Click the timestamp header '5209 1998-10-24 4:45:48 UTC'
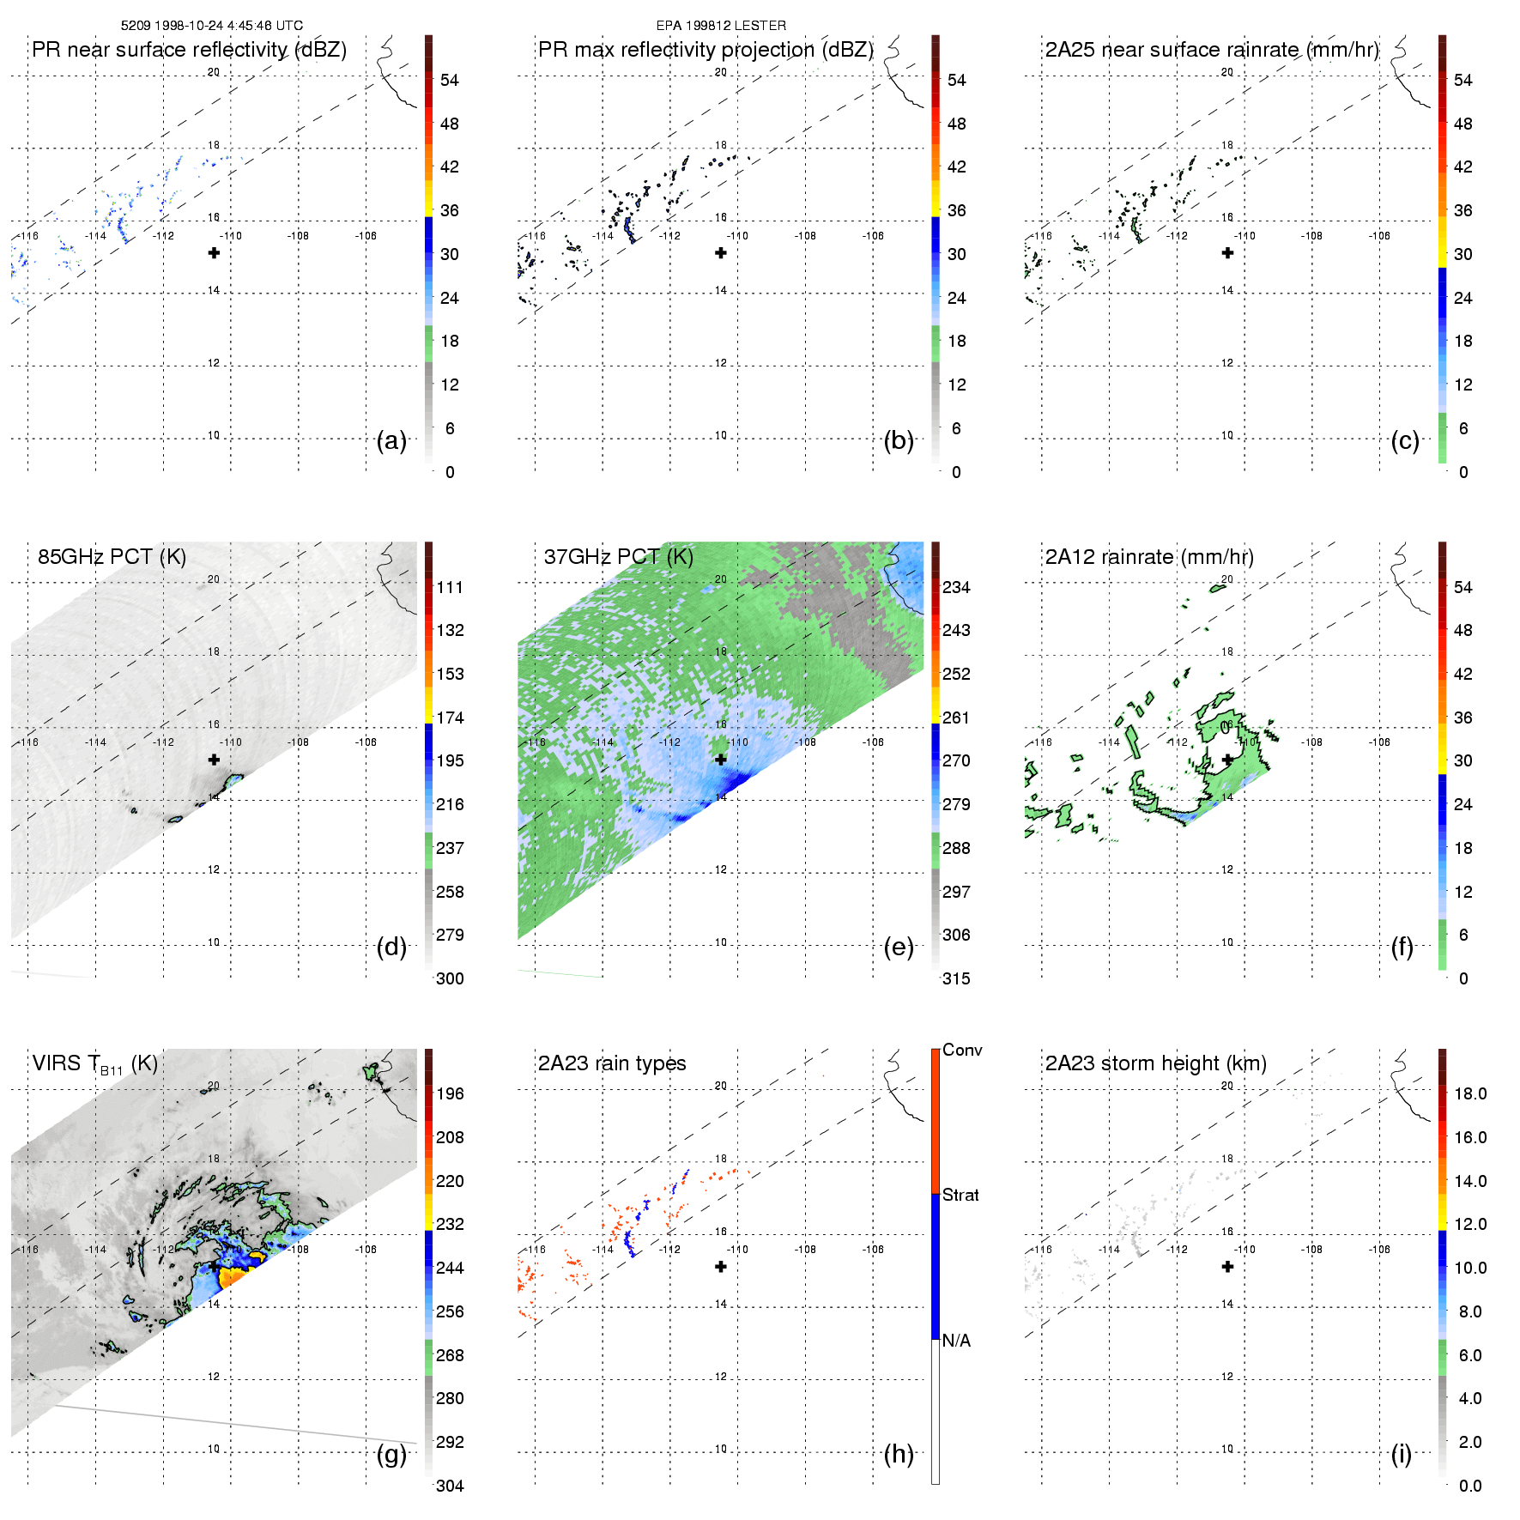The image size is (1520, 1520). point(211,26)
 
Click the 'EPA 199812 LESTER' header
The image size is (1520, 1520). point(721,26)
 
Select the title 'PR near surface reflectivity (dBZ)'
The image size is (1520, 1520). point(189,50)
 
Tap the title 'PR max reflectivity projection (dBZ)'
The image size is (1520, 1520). point(705,50)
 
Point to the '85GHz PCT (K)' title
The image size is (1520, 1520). point(112,557)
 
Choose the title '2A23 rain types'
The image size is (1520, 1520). point(612,1063)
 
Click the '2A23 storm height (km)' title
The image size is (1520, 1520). point(1155,1063)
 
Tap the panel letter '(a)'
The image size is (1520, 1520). point(391,440)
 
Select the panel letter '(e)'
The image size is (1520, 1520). point(899,947)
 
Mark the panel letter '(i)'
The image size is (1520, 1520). point(1401,1454)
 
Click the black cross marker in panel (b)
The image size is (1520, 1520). point(721,253)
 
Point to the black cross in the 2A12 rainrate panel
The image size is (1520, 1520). point(1227,760)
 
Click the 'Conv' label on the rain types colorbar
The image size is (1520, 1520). point(962,1051)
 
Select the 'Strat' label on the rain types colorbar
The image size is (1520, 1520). point(960,1195)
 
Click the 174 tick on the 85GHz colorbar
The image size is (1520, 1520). point(450,718)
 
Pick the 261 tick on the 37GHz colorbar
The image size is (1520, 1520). point(956,718)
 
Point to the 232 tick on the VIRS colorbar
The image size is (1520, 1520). point(450,1224)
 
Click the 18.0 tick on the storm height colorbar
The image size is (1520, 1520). point(1469,1093)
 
